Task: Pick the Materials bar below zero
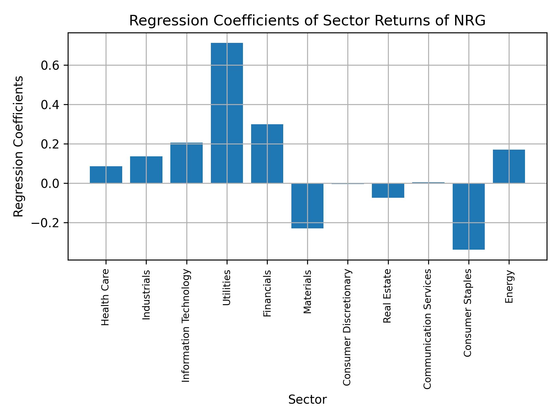307,206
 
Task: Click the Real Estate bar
388,190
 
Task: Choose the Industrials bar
146,170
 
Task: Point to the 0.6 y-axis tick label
50,66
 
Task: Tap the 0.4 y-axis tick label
50,105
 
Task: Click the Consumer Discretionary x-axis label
347,327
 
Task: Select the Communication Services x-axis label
427,329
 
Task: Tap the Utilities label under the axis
227,288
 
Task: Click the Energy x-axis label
509,287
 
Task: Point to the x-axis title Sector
307,400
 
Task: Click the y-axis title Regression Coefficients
19,146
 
